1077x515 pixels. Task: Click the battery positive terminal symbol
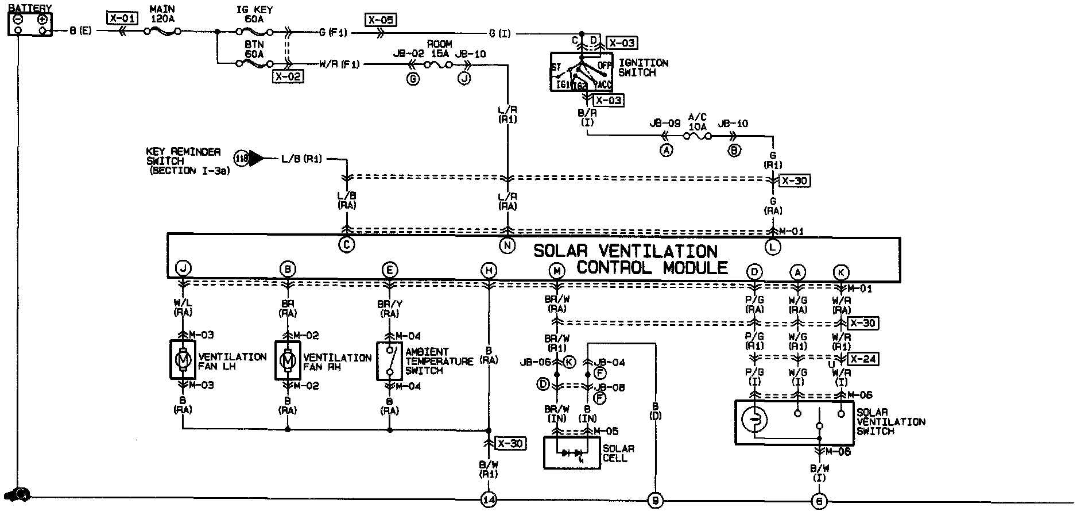point(42,20)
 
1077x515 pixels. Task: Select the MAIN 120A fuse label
point(162,14)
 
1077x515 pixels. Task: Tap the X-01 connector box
point(122,18)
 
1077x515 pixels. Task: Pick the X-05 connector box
point(380,21)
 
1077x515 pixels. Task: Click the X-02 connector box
point(288,76)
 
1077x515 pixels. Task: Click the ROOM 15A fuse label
point(439,49)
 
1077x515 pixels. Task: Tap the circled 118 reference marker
point(241,158)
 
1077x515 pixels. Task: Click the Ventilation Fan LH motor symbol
point(183,360)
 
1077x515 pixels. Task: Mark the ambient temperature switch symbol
point(390,361)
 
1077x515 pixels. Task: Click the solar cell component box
point(572,453)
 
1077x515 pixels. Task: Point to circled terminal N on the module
point(507,245)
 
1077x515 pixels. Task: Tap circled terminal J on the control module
point(183,268)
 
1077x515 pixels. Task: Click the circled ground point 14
point(489,500)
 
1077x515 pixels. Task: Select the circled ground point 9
point(655,500)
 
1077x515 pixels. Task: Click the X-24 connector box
point(863,359)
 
